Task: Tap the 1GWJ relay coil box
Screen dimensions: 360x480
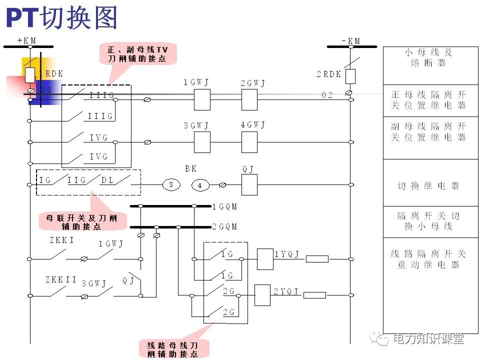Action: (x=201, y=100)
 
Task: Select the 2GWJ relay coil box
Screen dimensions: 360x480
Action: (x=249, y=100)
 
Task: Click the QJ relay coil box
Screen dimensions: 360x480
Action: (x=249, y=185)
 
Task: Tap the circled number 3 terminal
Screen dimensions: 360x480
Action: (x=171, y=185)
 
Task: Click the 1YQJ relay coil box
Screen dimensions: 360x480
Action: (x=264, y=259)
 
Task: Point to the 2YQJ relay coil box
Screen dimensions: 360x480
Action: (x=262, y=295)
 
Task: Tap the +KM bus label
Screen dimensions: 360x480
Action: (x=27, y=40)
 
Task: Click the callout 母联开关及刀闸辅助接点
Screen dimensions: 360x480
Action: (x=81, y=222)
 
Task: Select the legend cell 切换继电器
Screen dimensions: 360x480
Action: (x=428, y=185)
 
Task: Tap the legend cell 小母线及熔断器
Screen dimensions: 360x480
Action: (x=428, y=57)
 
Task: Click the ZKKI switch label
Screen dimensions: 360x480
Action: (x=61, y=240)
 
